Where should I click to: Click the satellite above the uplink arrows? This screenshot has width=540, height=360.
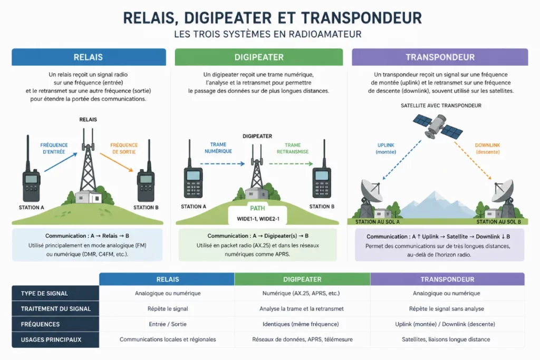tap(438, 126)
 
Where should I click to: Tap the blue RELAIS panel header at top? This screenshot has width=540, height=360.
tap(89, 57)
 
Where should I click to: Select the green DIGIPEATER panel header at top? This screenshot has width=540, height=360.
tap(259, 57)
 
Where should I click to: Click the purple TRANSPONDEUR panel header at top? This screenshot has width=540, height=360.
tap(440, 57)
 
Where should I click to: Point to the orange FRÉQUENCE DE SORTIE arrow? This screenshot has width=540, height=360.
tap(117, 162)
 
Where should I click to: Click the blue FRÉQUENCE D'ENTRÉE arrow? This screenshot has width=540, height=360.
tap(61, 162)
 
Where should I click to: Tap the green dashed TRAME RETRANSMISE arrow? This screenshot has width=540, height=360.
tap(291, 164)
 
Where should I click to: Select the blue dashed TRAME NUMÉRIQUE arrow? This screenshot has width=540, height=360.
tap(223, 164)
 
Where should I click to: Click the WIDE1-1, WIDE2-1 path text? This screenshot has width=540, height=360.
tap(258, 219)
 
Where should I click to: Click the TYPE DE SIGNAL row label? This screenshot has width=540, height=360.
tap(44, 294)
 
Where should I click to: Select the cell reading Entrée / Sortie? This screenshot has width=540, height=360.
tap(168, 324)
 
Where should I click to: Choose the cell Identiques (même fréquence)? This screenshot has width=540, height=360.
tap(301, 324)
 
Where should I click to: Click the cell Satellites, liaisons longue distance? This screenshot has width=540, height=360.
tap(446, 339)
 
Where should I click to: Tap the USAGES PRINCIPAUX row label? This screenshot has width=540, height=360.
tap(51, 339)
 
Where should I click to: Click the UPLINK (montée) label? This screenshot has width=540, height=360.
tap(385, 149)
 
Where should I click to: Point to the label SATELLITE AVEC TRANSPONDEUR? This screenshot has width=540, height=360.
tap(441, 105)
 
